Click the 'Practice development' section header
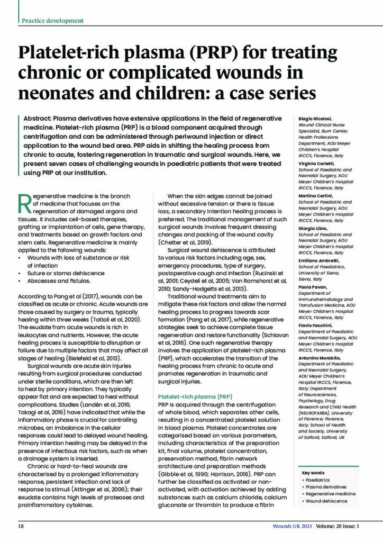click(x=52, y=21)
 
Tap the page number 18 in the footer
click(x=21, y=527)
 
